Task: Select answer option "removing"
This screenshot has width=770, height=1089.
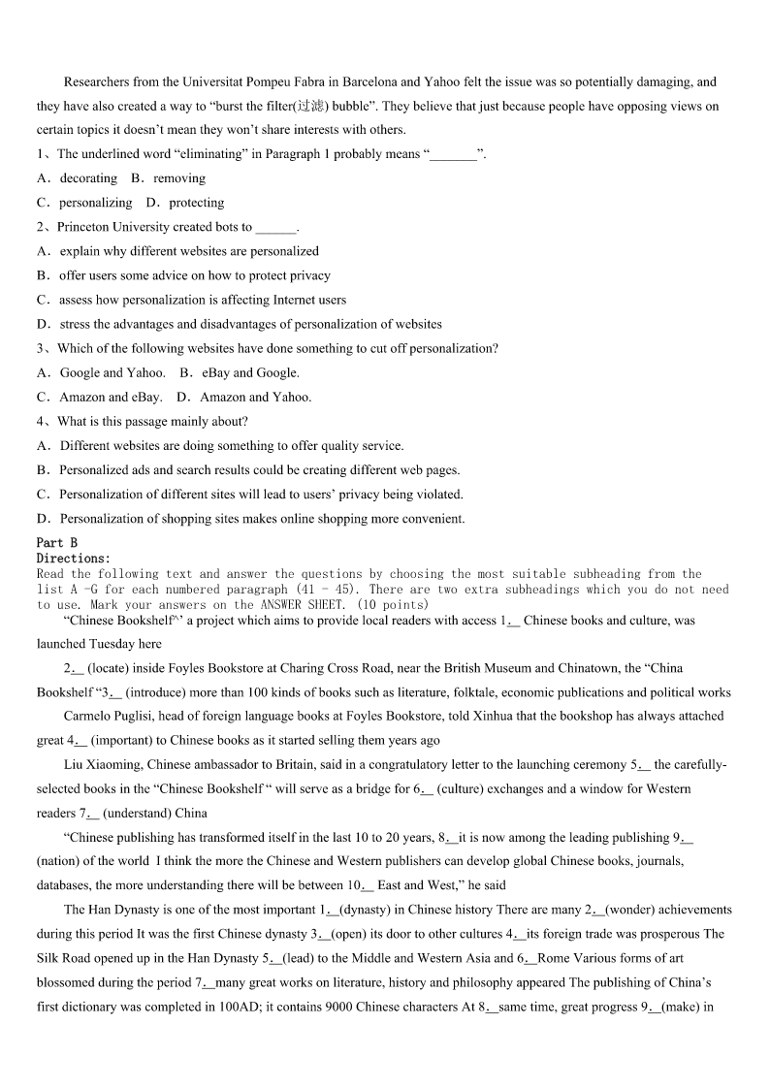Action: click(179, 178)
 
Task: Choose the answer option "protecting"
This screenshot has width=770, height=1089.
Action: click(196, 203)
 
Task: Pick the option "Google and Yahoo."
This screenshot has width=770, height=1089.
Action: click(112, 372)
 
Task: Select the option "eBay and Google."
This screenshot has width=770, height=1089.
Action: click(251, 372)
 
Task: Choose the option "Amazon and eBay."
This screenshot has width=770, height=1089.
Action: click(111, 397)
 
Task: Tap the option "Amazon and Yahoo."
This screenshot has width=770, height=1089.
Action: click(256, 397)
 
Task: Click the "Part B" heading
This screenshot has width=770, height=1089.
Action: click(57, 543)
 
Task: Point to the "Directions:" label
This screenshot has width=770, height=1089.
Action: click(74, 559)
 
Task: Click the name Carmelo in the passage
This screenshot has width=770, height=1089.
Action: click(89, 717)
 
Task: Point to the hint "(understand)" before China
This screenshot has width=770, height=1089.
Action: click(137, 814)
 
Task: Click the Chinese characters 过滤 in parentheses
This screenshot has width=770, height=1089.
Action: click(309, 107)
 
